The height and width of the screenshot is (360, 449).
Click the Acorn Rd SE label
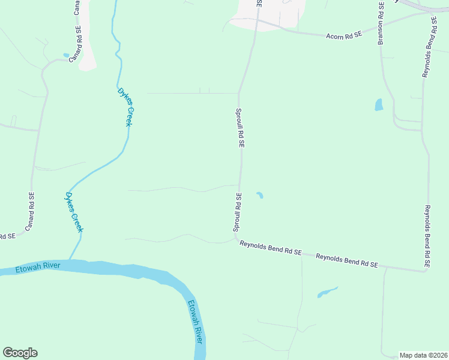pos(344,35)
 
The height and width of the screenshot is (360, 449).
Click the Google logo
pos(20,353)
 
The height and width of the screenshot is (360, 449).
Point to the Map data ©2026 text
pos(423,355)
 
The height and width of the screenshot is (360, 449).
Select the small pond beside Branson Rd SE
pos(379,105)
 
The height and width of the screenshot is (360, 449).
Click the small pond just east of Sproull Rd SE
pos(260,195)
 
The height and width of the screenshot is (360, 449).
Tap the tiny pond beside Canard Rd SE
pos(65,55)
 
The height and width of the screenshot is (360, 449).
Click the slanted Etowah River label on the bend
pos(194,322)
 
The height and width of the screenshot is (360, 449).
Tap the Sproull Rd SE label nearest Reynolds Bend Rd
pos(238,212)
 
